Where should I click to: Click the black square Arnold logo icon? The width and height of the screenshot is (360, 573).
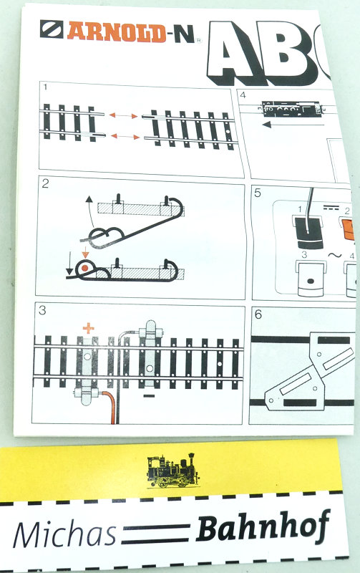(52, 29)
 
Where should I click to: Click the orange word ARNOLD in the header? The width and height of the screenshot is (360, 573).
(117, 32)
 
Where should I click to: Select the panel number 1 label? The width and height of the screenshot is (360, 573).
(45, 87)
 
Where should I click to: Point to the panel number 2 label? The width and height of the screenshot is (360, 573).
(45, 183)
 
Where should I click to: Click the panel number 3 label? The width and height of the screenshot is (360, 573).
(42, 310)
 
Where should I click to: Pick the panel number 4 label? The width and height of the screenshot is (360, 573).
(243, 95)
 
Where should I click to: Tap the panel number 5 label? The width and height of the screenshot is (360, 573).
(258, 193)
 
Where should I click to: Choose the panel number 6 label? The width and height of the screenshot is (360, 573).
(258, 314)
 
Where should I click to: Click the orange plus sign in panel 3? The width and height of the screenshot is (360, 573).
(88, 328)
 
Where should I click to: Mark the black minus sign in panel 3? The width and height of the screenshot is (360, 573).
(149, 396)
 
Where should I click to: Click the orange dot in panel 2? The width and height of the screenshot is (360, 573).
(85, 268)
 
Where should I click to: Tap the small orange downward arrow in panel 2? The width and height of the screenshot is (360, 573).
(85, 253)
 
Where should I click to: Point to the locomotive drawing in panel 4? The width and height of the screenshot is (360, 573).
(292, 109)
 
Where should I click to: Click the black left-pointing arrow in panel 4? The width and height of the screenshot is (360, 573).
(293, 125)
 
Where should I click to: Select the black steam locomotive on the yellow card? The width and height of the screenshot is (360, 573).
(173, 471)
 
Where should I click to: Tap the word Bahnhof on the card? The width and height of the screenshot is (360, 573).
(263, 527)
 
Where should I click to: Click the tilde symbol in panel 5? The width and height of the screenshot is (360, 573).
(334, 255)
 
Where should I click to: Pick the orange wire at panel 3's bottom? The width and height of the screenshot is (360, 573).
(110, 405)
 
